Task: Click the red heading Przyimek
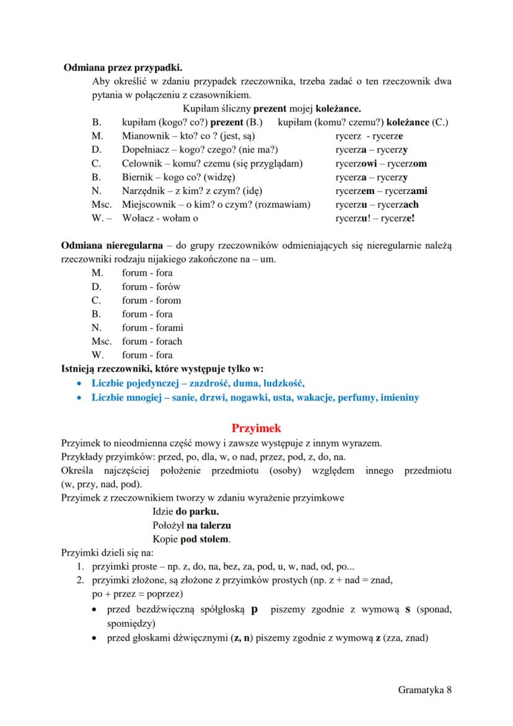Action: [x=256, y=428]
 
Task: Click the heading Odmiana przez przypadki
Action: [x=123, y=68]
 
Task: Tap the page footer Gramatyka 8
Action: [x=425, y=689]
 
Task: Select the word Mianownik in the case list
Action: [x=144, y=136]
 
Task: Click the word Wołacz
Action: [x=139, y=218]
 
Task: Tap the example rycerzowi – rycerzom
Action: [x=381, y=164]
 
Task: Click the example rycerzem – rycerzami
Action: [x=381, y=191]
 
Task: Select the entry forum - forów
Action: [x=151, y=286]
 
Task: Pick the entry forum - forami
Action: [x=152, y=327]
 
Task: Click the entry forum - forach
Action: [x=152, y=341]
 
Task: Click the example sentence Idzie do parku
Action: [x=185, y=512]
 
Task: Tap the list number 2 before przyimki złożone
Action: [x=80, y=580]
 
